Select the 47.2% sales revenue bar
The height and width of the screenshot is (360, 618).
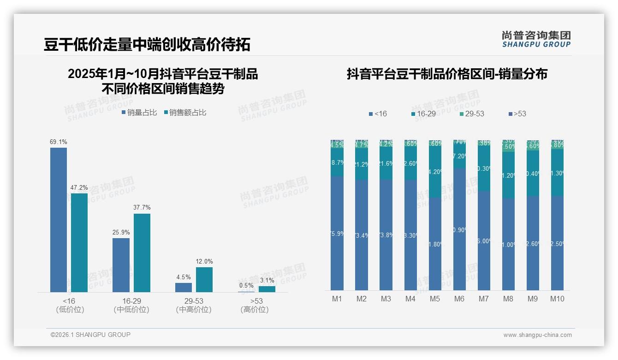pyautogui.click(x=79, y=242)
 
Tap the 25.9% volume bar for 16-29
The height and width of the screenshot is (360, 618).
pyautogui.click(x=121, y=265)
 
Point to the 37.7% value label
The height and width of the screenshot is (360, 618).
pyautogui.click(x=142, y=208)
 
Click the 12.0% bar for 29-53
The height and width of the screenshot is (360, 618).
pyautogui.click(x=204, y=279)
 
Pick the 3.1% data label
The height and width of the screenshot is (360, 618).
pyautogui.click(x=267, y=281)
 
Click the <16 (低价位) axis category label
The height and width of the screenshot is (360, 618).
pyautogui.click(x=70, y=305)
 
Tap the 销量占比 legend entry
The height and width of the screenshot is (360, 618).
pyautogui.click(x=139, y=113)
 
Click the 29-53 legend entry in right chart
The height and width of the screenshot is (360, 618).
pyautogui.click(x=472, y=114)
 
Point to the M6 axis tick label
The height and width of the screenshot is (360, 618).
pyautogui.click(x=459, y=299)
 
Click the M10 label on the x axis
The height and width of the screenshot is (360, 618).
pyautogui.click(x=557, y=299)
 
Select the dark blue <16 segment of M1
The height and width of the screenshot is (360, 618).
pyautogui.click(x=337, y=233)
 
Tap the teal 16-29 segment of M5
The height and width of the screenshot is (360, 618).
pyautogui.click(x=435, y=172)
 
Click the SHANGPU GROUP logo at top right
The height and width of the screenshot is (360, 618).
pyautogui.click(x=536, y=39)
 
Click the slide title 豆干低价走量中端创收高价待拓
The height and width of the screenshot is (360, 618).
pyautogui.click(x=147, y=44)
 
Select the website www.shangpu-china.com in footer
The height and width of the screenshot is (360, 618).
pyautogui.click(x=537, y=335)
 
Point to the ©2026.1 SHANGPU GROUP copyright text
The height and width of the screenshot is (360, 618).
pyautogui.click(x=90, y=335)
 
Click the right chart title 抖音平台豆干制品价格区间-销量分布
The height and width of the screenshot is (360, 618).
pyautogui.click(x=447, y=74)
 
